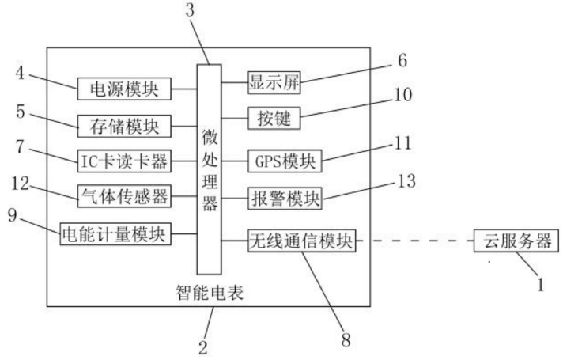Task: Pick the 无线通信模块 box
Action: point(300,240)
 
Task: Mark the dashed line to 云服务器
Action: point(415,240)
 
